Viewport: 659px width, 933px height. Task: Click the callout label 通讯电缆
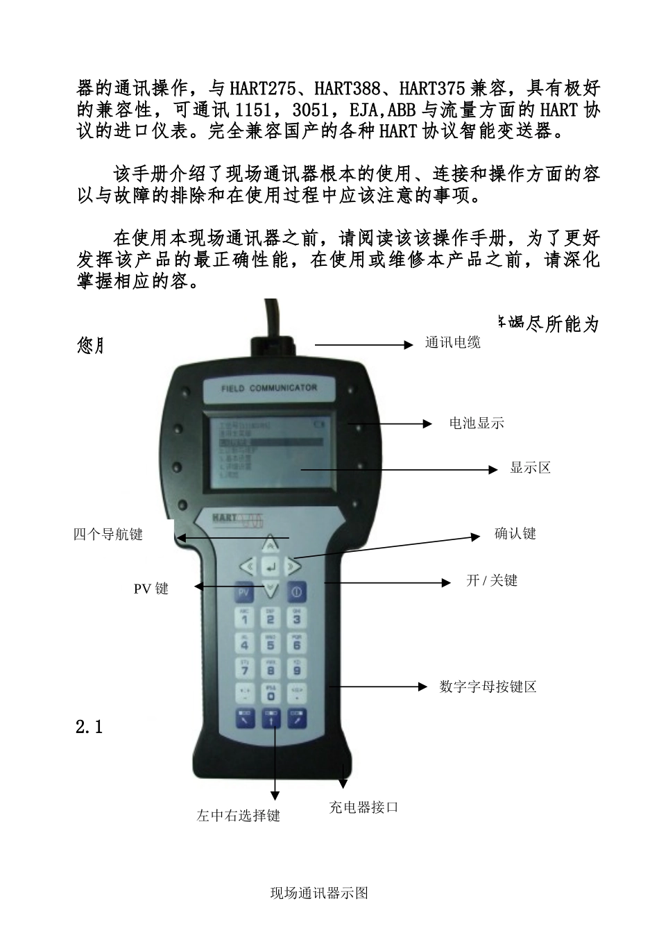452,343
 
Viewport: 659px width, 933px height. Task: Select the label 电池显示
476,423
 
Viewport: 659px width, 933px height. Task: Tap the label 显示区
530,468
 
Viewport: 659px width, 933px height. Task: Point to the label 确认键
515,534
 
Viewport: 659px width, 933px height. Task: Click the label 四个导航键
108,534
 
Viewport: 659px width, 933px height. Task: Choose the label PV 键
151,589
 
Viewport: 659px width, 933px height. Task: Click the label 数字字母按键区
488,687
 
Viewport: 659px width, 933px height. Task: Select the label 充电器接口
363,807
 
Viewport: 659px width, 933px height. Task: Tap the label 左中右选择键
238,816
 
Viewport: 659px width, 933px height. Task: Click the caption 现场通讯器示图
319,893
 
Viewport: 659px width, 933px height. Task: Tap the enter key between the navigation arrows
271,566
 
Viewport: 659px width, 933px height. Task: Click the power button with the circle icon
297,593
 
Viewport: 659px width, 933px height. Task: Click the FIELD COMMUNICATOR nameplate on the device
269,388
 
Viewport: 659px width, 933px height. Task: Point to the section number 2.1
89,728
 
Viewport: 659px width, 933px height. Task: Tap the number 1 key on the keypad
244,618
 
